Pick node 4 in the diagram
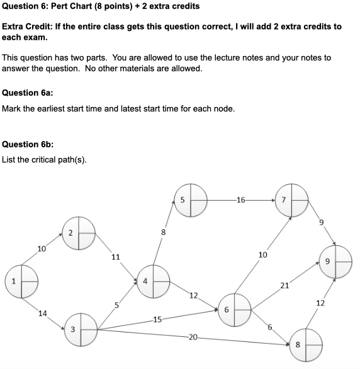(x=154, y=281)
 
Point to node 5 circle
(x=191, y=200)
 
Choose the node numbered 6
(x=235, y=309)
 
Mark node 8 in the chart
(x=306, y=344)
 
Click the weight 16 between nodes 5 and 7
(x=240, y=200)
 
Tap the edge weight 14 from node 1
(x=43, y=313)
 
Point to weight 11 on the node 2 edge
(x=115, y=257)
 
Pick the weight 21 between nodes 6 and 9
(x=284, y=285)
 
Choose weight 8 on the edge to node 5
(x=163, y=232)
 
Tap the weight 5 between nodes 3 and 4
(x=116, y=305)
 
